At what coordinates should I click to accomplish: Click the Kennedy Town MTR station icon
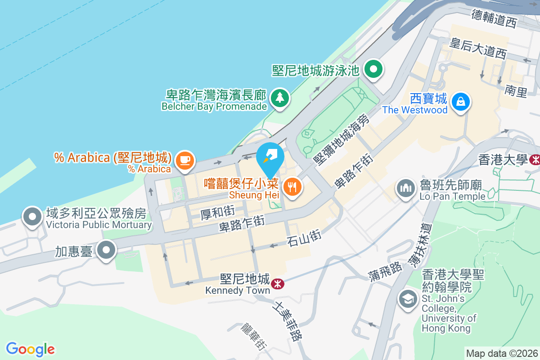277,283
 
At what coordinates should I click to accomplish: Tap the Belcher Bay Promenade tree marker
280,97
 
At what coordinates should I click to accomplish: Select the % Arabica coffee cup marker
184,160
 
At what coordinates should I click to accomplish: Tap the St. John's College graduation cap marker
408,299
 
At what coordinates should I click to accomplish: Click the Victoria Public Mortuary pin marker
32,216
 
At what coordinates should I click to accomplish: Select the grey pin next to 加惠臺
107,250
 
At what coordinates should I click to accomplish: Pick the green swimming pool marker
373,70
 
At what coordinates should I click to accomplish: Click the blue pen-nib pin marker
270,158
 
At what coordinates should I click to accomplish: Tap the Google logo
30,349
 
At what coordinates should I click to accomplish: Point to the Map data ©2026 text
501,353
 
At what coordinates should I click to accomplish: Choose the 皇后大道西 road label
478,48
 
